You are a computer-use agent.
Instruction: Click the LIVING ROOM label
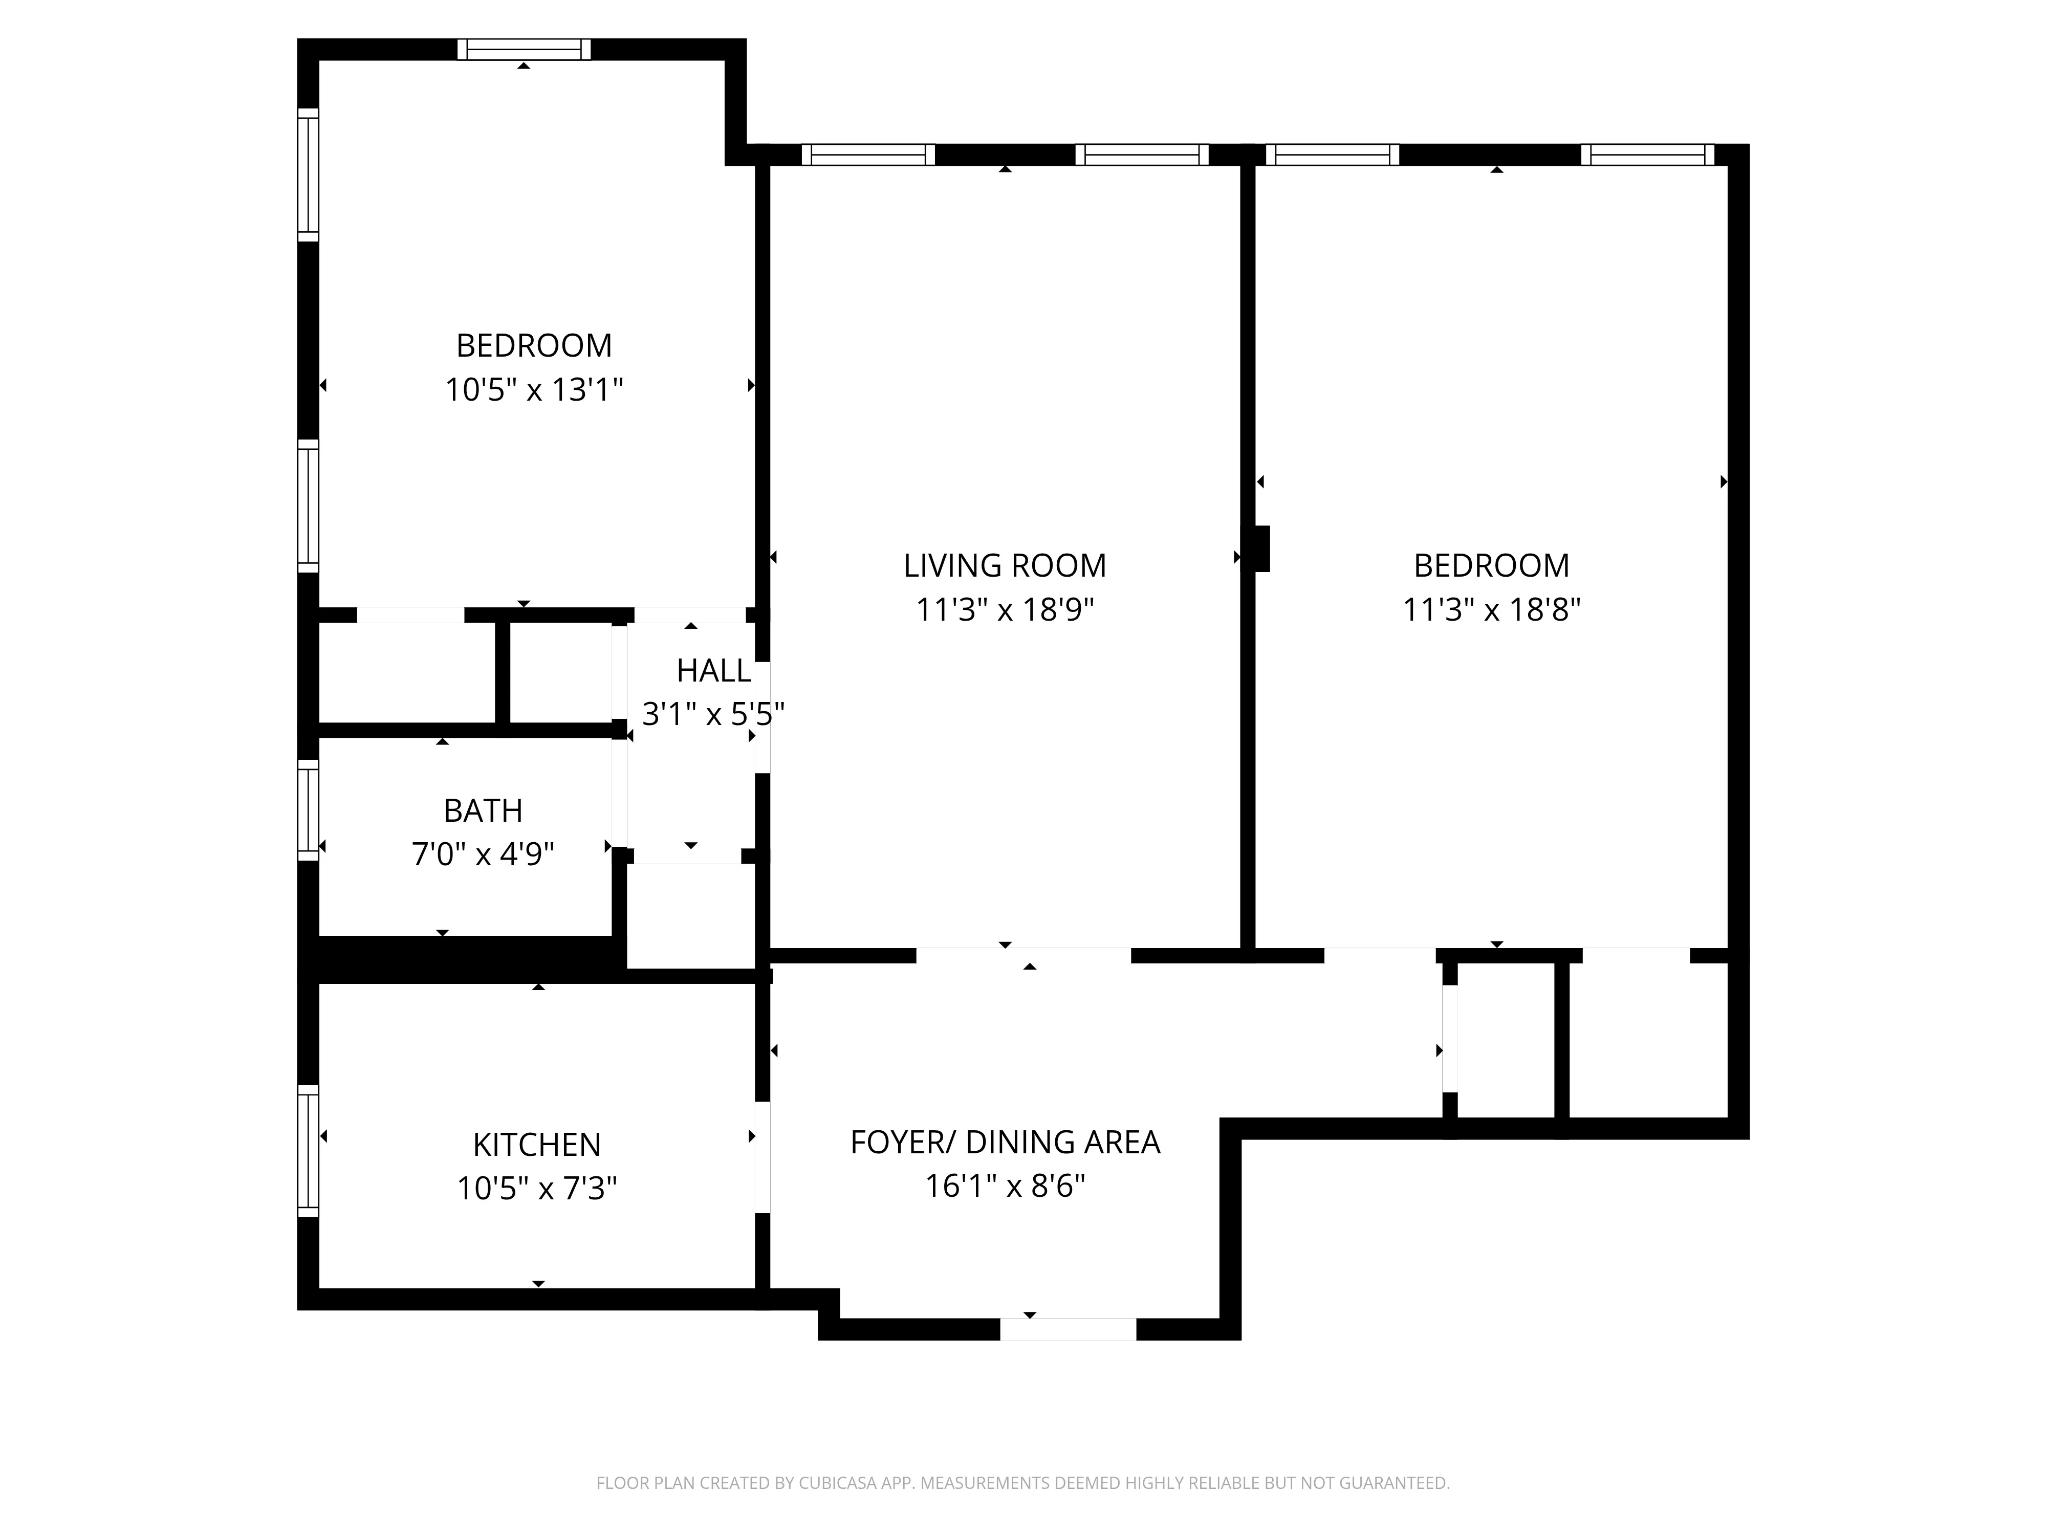point(1005,565)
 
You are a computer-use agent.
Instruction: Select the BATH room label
point(483,810)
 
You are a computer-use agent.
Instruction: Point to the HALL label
point(713,671)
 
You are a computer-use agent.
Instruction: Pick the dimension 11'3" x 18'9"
point(1005,610)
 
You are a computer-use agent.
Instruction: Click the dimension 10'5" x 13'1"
point(534,389)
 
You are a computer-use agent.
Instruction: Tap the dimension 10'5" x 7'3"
point(537,1188)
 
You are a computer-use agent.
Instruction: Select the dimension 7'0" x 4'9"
point(483,853)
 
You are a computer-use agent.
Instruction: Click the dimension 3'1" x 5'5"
point(713,714)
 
